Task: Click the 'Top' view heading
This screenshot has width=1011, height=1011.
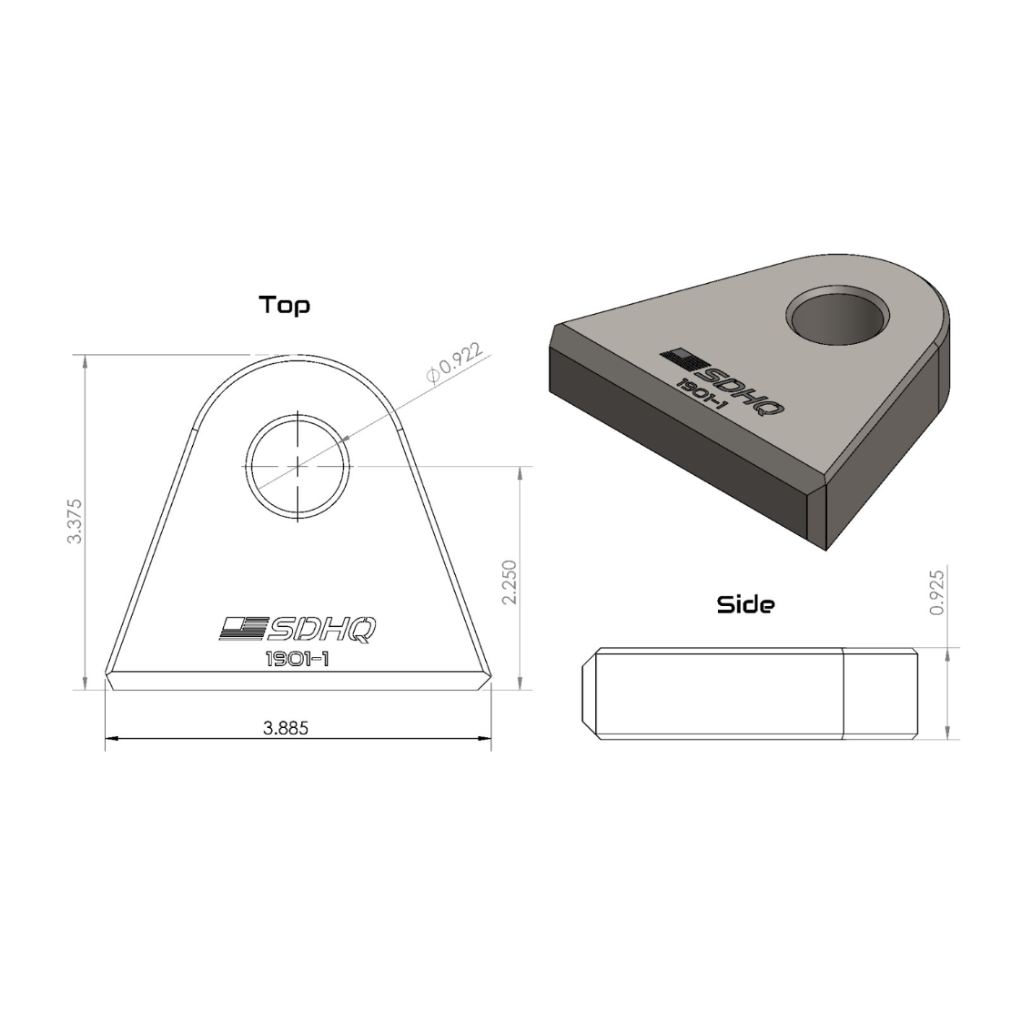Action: [285, 305]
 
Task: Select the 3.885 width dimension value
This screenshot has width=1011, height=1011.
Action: [286, 728]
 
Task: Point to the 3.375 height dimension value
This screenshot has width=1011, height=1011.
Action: [74, 521]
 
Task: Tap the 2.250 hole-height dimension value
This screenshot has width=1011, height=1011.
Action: [509, 582]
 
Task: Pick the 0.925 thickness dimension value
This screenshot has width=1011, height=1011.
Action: [937, 592]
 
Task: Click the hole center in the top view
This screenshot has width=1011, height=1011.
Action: [298, 466]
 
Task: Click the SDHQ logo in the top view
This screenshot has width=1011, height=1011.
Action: [298, 629]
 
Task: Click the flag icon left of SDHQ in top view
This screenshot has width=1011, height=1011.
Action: [243, 628]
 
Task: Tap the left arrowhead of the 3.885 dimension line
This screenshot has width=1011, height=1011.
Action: [110, 738]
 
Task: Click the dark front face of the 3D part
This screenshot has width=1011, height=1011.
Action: [679, 448]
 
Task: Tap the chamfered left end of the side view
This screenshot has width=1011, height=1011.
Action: [589, 693]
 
